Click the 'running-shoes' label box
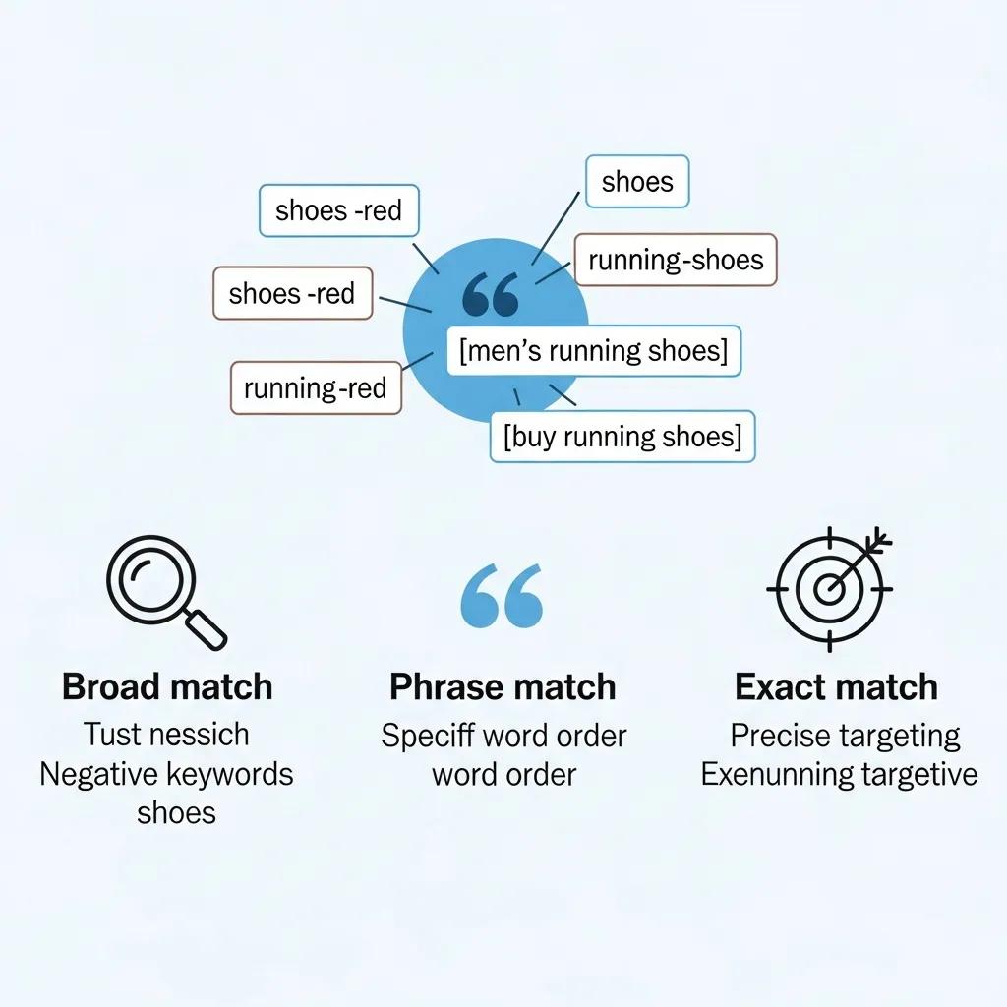tap(676, 261)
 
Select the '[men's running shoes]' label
tap(594, 351)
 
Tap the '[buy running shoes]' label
tap(622, 436)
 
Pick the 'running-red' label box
tap(315, 387)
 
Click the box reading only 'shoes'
tap(637, 181)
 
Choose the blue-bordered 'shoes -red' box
tap(338, 209)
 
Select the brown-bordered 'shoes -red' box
tap(292, 293)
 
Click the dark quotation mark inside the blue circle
tap(489, 295)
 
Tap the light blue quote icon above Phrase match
tap(502, 596)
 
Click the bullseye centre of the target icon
tap(829, 589)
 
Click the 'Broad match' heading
tap(167, 686)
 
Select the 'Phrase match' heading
tap(503, 686)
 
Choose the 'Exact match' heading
tap(836, 686)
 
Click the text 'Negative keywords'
tap(166, 774)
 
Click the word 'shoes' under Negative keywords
tap(176, 812)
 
